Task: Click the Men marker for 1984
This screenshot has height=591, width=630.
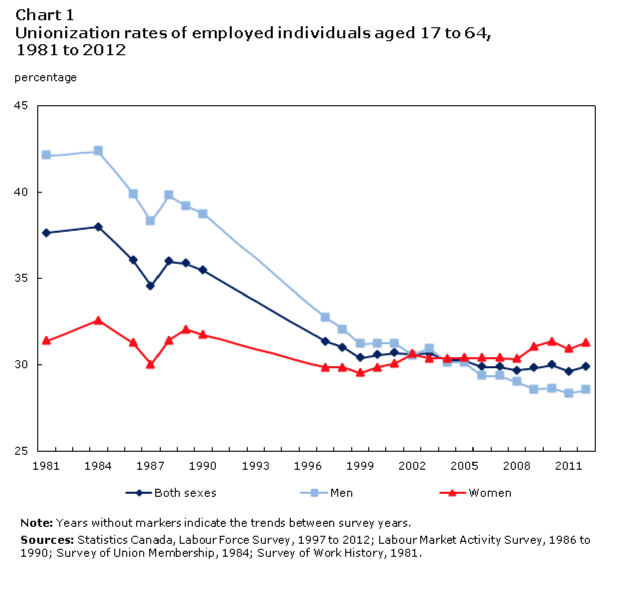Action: pyautogui.click(x=98, y=151)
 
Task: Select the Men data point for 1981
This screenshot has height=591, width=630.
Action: pyautogui.click(x=46, y=155)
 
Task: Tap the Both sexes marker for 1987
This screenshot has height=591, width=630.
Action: pyautogui.click(x=150, y=286)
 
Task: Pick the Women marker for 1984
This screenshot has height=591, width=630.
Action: pyautogui.click(x=98, y=320)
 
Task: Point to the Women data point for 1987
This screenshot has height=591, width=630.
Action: pyautogui.click(x=150, y=364)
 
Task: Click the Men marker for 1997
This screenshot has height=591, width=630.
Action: pyautogui.click(x=325, y=317)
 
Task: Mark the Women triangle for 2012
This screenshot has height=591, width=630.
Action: pyautogui.click(x=585, y=343)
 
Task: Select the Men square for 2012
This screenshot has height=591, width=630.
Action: pyautogui.click(x=585, y=389)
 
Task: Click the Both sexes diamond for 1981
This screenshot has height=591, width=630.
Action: pyautogui.click(x=46, y=233)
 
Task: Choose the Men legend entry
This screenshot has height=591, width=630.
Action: pyautogui.click(x=327, y=493)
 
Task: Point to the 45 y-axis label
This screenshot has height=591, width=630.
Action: pyautogui.click(x=21, y=106)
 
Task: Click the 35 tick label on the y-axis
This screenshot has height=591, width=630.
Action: pyautogui.click(x=21, y=278)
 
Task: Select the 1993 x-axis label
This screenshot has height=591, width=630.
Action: pyautogui.click(x=255, y=466)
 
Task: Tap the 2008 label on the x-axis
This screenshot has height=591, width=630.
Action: pyautogui.click(x=516, y=466)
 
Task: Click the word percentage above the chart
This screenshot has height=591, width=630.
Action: pyautogui.click(x=45, y=78)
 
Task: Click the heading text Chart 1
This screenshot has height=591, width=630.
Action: pyautogui.click(x=45, y=15)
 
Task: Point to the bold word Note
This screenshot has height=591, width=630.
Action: pyautogui.click(x=36, y=523)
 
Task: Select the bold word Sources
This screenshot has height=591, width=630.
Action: pyautogui.click(x=47, y=540)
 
